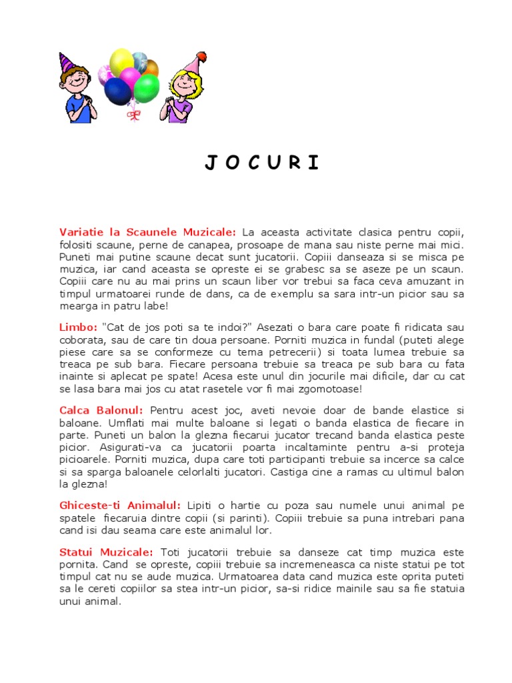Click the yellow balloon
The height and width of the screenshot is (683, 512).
tap(121, 61)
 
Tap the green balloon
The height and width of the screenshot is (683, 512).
tap(146, 87)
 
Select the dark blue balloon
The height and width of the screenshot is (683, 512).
tap(118, 91)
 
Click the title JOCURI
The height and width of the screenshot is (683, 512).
tap(262, 163)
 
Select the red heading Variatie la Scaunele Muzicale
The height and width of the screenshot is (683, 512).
tap(147, 232)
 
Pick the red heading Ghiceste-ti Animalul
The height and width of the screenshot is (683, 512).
tap(120, 506)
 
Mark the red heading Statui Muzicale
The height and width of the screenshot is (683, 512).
tap(106, 553)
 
